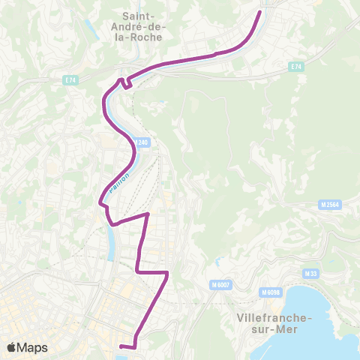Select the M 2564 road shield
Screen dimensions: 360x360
329,204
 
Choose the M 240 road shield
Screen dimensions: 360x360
142,142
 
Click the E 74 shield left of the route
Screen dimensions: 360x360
70,79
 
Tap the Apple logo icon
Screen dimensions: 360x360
11,347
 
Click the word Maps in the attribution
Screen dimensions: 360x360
32,347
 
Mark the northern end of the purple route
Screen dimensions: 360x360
261,11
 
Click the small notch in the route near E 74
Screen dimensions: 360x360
124,82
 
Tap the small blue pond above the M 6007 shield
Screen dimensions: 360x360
217,262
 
